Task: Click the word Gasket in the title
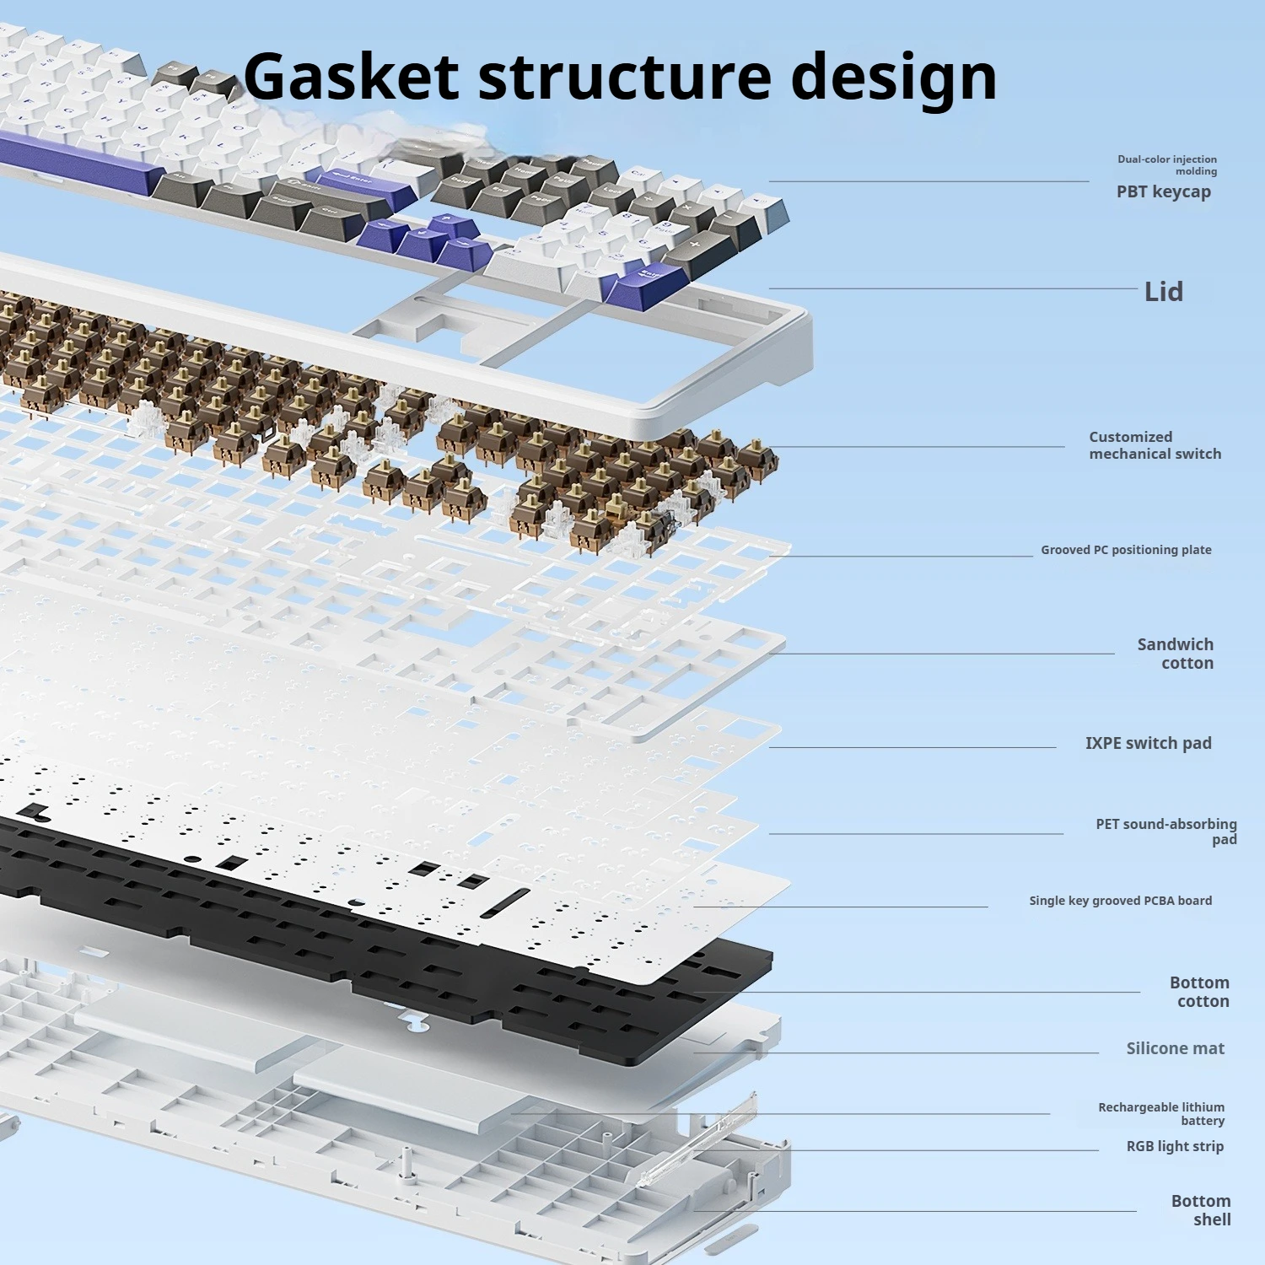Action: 351,76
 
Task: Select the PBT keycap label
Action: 1163,191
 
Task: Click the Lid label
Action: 1163,292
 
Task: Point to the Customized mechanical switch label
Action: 1155,445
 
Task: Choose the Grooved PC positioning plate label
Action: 1126,550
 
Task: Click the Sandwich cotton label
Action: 1176,654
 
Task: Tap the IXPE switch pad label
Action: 1148,743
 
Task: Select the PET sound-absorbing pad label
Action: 1166,831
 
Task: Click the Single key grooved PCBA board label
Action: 1120,901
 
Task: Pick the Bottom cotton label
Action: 1199,992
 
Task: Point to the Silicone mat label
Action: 1175,1048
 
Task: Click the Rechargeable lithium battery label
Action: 1161,1113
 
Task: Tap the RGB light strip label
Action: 1175,1146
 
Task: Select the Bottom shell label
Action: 1201,1210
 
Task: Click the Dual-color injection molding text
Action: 1167,164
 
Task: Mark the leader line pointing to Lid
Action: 953,288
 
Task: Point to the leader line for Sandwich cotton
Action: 940,654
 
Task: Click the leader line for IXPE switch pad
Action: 911,747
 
